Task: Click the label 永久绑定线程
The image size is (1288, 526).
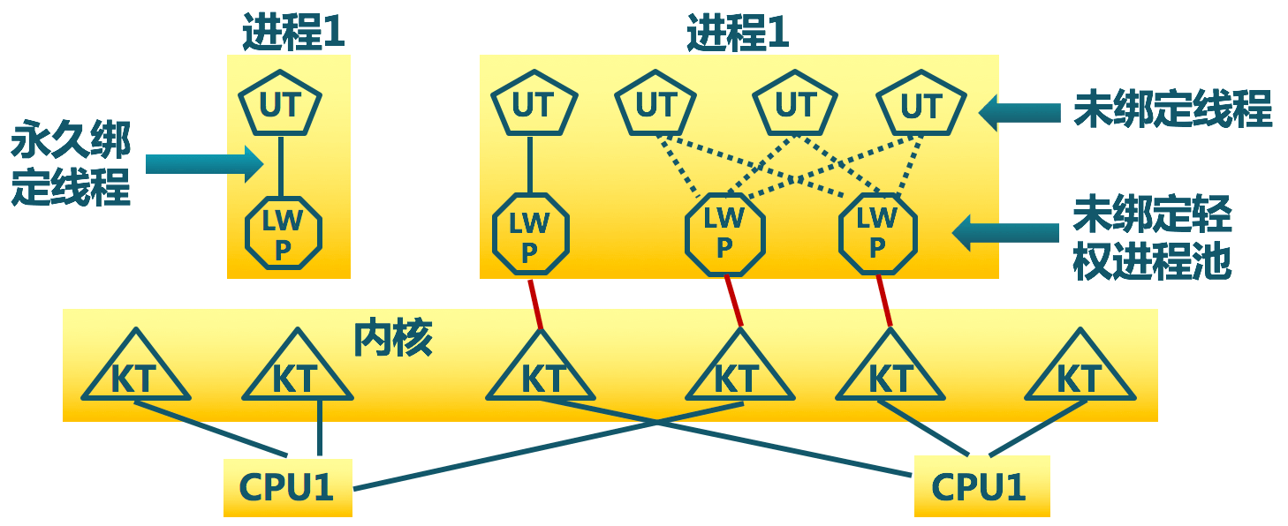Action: (x=71, y=165)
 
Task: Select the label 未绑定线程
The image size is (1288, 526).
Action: (x=1172, y=109)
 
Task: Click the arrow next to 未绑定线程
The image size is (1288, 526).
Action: (x=1020, y=111)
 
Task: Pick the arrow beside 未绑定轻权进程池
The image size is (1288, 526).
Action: (x=1006, y=233)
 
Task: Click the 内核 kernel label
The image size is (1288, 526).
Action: (x=393, y=337)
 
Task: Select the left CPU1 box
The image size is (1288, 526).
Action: (x=287, y=486)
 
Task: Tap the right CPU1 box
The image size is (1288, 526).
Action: (x=981, y=486)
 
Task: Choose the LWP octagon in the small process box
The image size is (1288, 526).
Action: (x=283, y=234)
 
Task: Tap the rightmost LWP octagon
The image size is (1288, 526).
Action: (x=876, y=233)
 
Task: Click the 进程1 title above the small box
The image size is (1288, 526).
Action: (x=293, y=34)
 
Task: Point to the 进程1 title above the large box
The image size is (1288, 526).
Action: (x=738, y=34)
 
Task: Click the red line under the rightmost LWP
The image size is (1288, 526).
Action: (x=883, y=300)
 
